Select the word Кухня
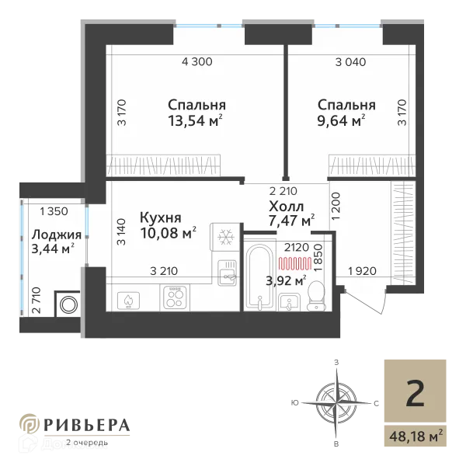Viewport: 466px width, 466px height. [161, 217]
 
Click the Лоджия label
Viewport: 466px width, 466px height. [53, 235]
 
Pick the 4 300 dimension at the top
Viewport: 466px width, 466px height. [196, 61]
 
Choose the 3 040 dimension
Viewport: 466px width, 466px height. [350, 61]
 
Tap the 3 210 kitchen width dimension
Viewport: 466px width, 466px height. [165, 271]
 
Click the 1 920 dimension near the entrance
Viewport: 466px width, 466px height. [363, 271]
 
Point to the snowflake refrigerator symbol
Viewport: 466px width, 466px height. [227, 237]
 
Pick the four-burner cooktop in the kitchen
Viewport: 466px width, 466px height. [176, 297]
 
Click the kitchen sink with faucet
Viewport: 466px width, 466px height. [227, 272]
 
